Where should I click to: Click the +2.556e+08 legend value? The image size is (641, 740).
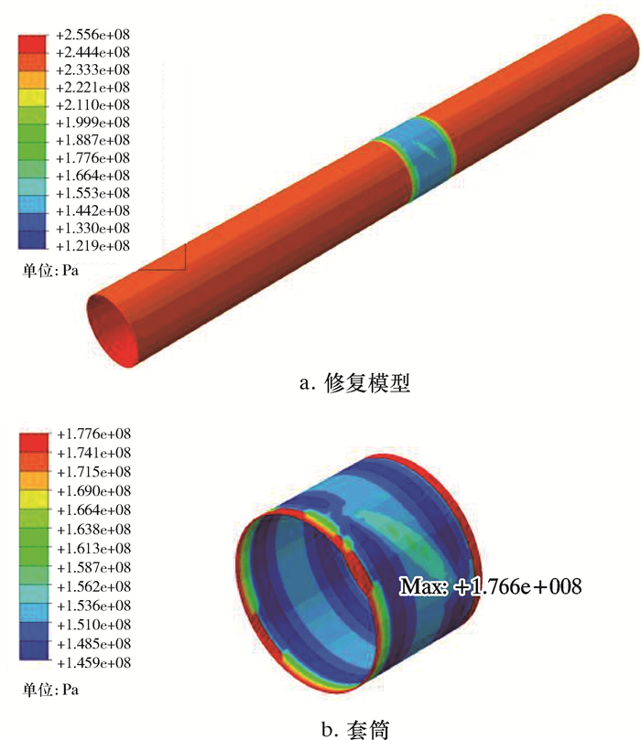92,35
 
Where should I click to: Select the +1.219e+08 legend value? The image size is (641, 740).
92,245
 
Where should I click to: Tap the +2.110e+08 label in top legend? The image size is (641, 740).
92,105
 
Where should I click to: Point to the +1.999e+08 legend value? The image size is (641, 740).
92,123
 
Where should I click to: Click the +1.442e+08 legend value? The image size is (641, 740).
92,210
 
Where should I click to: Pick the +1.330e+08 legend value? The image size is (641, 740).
92,228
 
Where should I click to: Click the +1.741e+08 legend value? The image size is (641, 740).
94,453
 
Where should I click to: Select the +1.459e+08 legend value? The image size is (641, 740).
94,662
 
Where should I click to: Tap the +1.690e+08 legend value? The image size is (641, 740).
94,491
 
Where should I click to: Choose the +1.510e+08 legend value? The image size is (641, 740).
94,625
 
